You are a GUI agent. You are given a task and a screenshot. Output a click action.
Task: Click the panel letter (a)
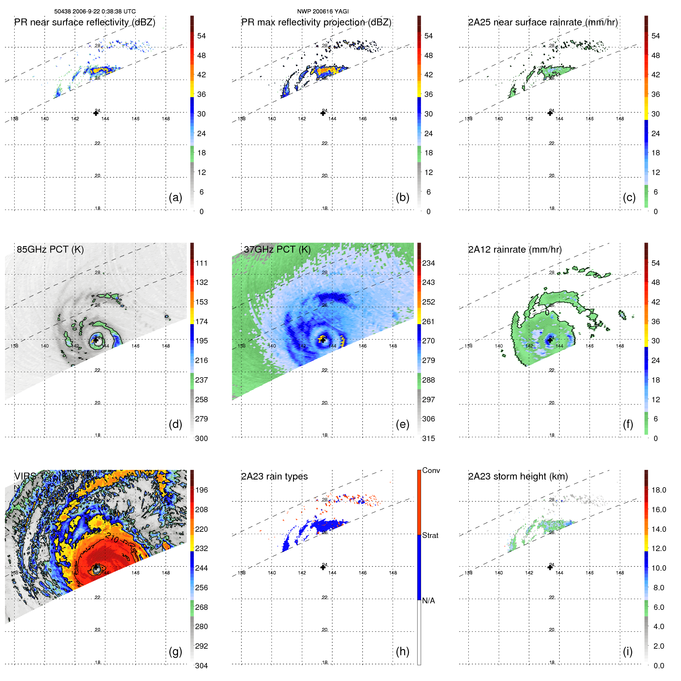175,198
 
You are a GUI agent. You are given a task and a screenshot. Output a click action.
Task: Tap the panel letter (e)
402,425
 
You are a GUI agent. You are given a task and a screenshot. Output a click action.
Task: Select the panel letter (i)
628,651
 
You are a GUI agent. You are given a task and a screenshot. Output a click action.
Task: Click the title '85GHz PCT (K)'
50,250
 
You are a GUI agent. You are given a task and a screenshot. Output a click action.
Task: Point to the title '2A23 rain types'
274,476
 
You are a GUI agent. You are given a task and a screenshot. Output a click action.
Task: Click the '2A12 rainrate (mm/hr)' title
514,250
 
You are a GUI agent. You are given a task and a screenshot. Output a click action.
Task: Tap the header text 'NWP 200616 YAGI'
323,12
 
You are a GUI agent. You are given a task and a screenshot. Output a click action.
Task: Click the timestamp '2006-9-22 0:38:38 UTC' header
104,12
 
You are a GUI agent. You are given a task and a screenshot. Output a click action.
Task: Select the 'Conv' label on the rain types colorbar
431,470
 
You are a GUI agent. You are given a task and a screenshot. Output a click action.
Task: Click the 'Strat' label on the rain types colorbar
430,535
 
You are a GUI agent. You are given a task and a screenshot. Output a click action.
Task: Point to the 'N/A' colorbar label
428,601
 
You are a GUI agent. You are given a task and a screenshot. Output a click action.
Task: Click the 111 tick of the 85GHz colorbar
201,263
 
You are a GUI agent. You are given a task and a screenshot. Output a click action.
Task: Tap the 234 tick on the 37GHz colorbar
428,263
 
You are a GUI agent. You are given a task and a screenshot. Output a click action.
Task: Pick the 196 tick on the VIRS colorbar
201,490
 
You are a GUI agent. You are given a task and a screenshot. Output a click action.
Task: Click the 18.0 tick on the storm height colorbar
659,490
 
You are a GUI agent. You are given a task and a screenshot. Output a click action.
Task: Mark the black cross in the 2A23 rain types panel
323,567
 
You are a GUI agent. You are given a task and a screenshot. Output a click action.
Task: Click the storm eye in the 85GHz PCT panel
96,340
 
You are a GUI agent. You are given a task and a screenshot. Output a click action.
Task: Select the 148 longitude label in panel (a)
166,119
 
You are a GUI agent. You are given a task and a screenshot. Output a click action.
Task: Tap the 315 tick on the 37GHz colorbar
428,438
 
